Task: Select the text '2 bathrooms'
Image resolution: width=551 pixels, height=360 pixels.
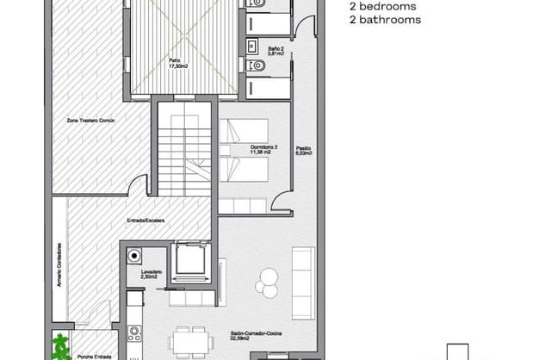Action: pos(385,19)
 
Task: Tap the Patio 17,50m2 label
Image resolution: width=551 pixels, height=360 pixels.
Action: pos(179,65)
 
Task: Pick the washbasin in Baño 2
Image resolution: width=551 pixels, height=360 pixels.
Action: pos(253,44)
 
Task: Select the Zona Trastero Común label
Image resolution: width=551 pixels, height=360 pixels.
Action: pos(90,121)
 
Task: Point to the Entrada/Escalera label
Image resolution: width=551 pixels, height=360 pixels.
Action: pos(146,220)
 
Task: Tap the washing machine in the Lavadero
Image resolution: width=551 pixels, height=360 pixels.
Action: pos(133,255)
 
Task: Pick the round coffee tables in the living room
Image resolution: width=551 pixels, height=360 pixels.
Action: pos(268,279)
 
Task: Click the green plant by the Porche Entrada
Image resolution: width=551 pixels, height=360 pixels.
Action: pos(60,347)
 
